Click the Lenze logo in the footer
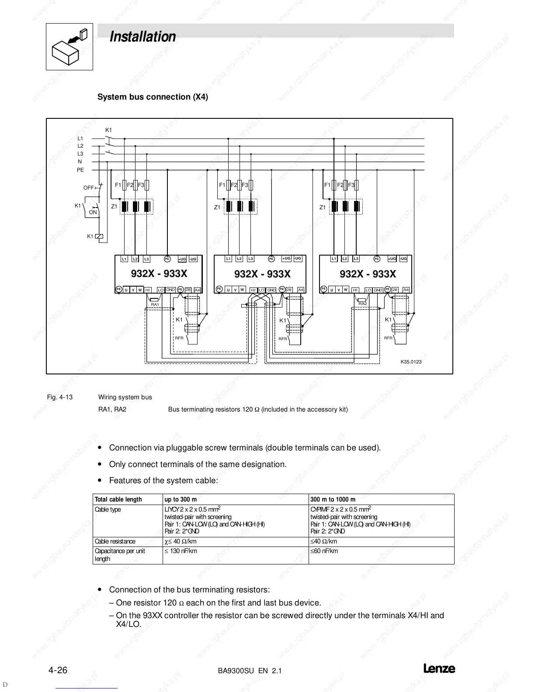439,669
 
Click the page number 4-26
57,670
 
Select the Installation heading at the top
142,37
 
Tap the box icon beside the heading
69,47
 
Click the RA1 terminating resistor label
154,304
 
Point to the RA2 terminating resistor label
362,304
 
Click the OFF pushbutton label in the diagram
88,188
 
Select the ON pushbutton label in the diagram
93,212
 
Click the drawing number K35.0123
411,361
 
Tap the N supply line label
80,162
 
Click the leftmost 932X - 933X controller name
159,274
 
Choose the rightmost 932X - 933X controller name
368,274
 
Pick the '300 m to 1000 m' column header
333,499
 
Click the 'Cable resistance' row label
115,541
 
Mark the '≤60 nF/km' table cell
324,551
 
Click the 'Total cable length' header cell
118,499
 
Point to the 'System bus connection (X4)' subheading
153,97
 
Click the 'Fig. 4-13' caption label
60,397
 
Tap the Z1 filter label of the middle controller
217,208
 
